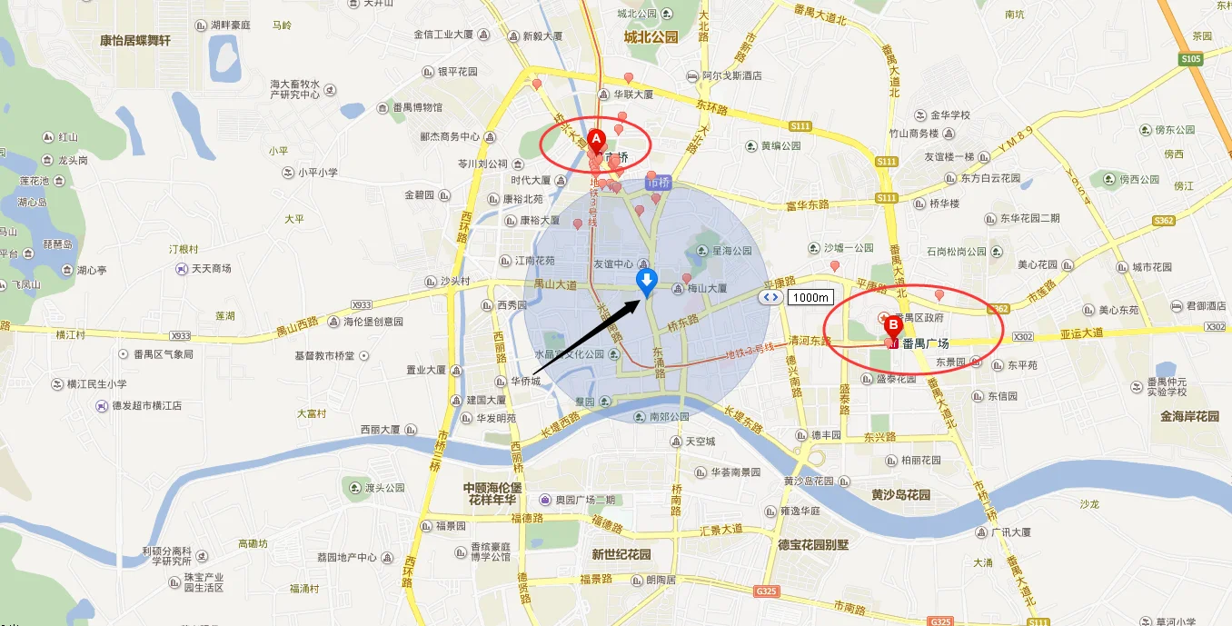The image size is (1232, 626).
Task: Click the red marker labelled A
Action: [596, 139]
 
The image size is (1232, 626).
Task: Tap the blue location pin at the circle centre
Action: [646, 281]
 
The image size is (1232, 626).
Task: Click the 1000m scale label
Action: [810, 297]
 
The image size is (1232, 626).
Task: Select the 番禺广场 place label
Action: [925, 343]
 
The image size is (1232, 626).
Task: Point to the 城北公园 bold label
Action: [651, 37]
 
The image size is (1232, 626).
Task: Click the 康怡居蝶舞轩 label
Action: [135, 41]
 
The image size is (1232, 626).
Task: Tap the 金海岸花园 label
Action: [1189, 416]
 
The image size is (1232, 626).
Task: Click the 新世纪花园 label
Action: [621, 554]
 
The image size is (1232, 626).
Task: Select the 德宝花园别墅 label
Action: [813, 545]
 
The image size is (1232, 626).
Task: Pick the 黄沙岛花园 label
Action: [901, 494]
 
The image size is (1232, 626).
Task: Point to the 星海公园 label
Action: [731, 251]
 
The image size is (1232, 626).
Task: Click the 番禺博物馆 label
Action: [417, 107]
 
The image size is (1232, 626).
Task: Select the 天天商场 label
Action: [211, 269]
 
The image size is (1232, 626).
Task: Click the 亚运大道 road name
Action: [1081, 333]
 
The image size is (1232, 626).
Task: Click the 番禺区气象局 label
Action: [163, 354]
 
